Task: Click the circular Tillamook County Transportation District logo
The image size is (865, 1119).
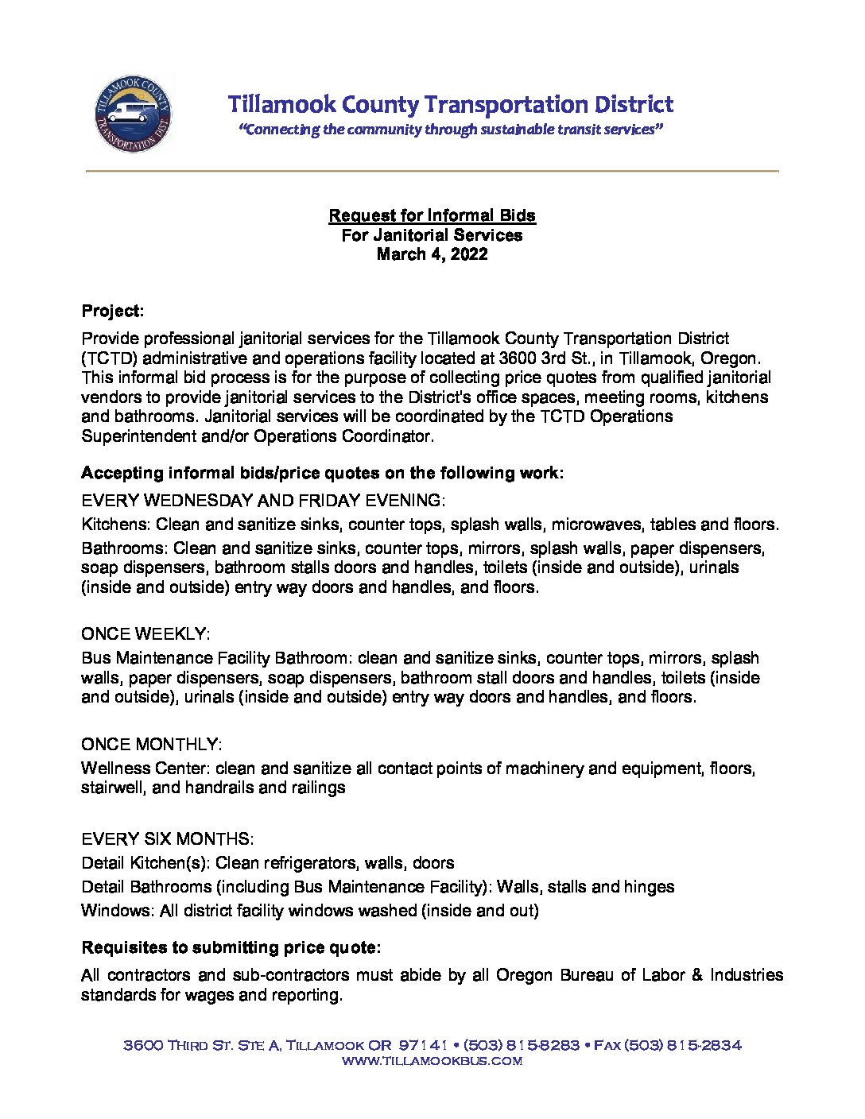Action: tap(132, 113)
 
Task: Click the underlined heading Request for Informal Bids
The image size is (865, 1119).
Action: tap(432, 215)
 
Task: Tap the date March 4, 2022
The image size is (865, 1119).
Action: tap(432, 254)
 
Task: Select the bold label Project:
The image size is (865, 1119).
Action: tap(112, 311)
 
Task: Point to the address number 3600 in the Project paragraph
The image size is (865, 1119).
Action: tap(518, 358)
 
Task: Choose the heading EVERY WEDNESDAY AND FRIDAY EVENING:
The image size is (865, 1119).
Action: tap(263, 501)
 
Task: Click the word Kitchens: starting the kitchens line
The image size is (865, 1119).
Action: tap(116, 525)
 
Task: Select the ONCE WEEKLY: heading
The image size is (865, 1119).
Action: tap(145, 634)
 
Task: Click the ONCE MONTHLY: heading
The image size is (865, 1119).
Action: tap(151, 745)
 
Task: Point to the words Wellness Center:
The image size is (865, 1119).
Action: tap(145, 769)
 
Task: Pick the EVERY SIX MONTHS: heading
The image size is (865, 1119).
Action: tap(167, 839)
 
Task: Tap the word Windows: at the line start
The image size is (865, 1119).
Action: tap(118, 911)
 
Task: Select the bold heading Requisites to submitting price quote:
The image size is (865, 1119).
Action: tap(231, 948)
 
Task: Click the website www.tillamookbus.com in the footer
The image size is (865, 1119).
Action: tap(432, 1061)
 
